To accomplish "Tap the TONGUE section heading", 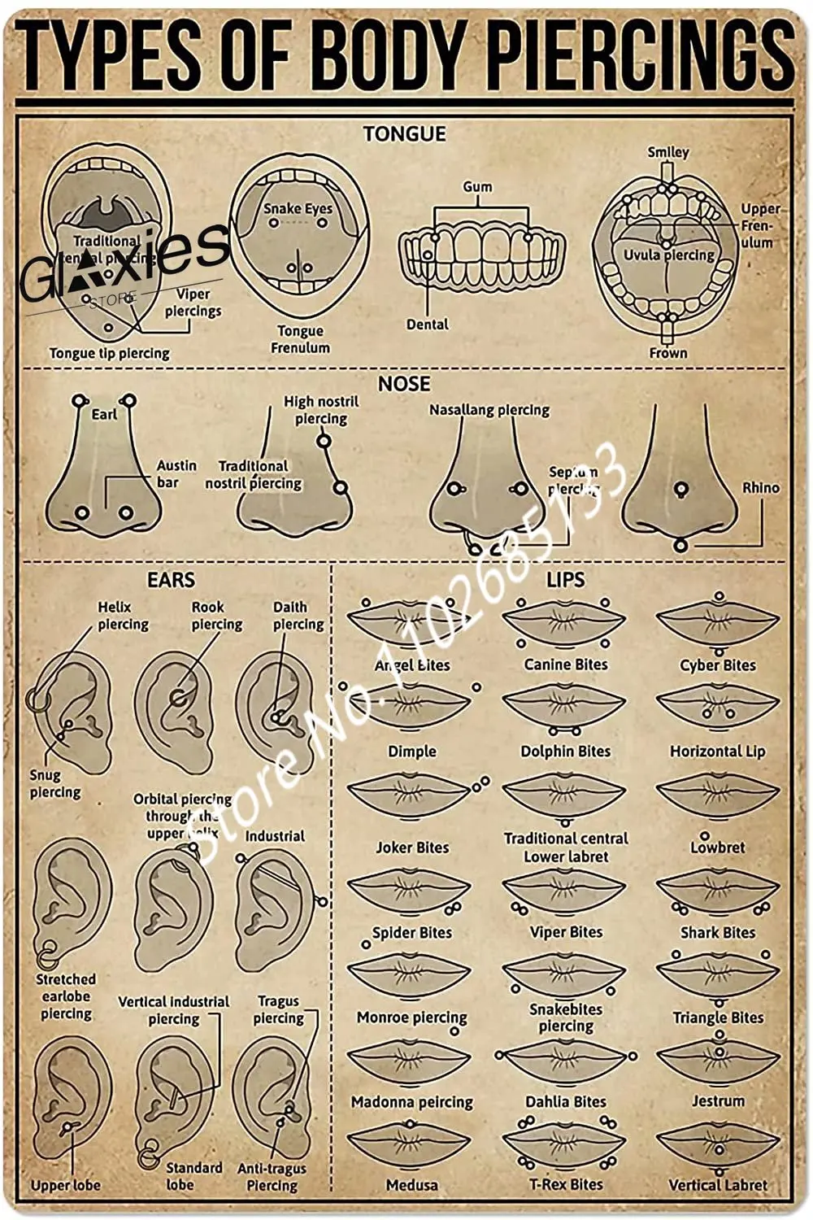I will pyautogui.click(x=404, y=134).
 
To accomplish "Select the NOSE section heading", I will pyautogui.click(x=404, y=383).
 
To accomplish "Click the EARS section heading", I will pyautogui.click(x=171, y=580).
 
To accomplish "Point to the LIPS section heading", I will pyautogui.click(x=565, y=580).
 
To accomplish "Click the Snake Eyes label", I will pyautogui.click(x=298, y=208).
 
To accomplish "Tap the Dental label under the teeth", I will pyautogui.click(x=427, y=325).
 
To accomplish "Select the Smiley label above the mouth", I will pyautogui.click(x=668, y=152).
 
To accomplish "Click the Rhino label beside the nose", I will pyautogui.click(x=760, y=488).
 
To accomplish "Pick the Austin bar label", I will pyautogui.click(x=176, y=473).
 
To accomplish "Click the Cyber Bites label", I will pyautogui.click(x=718, y=665).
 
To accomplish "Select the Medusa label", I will pyautogui.click(x=412, y=1185).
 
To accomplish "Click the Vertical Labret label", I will pyautogui.click(x=718, y=1185).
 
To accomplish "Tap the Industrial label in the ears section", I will pyautogui.click(x=275, y=836).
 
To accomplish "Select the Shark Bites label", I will pyautogui.click(x=718, y=933).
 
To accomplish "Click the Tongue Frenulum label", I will pyautogui.click(x=300, y=339).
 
